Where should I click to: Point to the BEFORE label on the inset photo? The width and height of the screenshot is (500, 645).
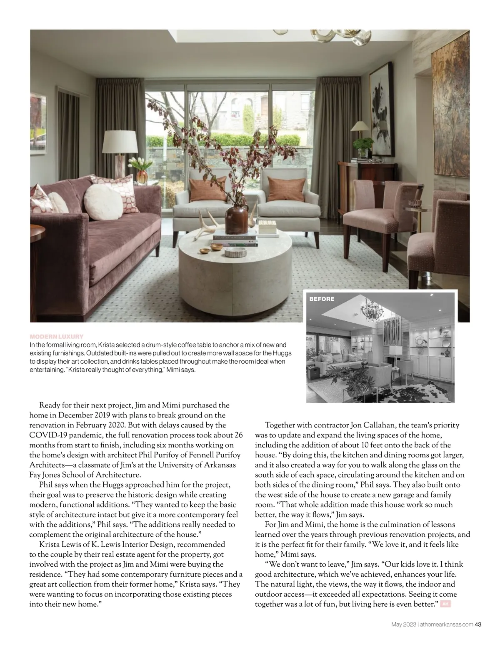pos(322,299)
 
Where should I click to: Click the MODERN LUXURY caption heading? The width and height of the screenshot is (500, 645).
pos(57,336)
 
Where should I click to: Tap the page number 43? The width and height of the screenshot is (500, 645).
pos(478,624)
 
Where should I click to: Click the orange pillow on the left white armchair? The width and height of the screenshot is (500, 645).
pos(208,189)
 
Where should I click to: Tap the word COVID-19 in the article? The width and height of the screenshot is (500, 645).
pos(45,435)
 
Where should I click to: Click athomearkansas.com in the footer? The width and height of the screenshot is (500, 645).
pos(446,624)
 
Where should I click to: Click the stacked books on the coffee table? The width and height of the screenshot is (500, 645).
pos(235,241)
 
